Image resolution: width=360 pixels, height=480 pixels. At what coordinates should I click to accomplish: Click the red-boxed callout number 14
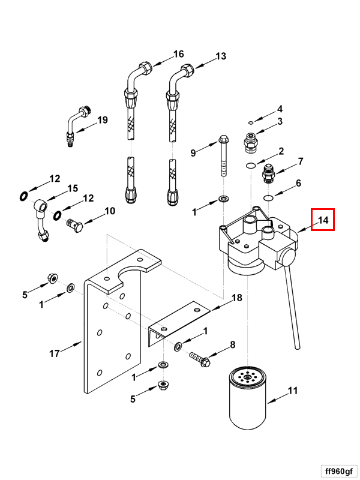[323, 220]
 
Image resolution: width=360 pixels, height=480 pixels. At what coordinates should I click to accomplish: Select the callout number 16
[178, 54]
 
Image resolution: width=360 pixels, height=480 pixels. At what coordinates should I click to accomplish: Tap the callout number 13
[221, 56]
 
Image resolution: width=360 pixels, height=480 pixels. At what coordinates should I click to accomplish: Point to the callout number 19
[102, 119]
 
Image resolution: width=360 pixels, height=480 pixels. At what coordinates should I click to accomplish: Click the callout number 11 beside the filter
[292, 391]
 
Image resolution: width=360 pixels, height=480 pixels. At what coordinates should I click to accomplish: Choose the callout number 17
[54, 353]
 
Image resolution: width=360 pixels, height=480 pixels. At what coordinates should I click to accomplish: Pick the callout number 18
[236, 298]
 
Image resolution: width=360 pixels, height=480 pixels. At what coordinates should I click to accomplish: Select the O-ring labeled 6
[269, 197]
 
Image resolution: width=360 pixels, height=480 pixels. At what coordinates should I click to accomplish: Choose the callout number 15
[72, 188]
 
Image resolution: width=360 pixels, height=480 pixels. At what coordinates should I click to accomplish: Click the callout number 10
[110, 211]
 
